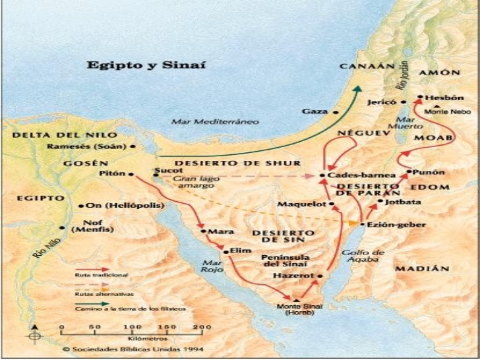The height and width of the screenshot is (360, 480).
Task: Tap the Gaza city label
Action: click(314, 111)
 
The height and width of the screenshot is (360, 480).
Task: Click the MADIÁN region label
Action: click(422, 268)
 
